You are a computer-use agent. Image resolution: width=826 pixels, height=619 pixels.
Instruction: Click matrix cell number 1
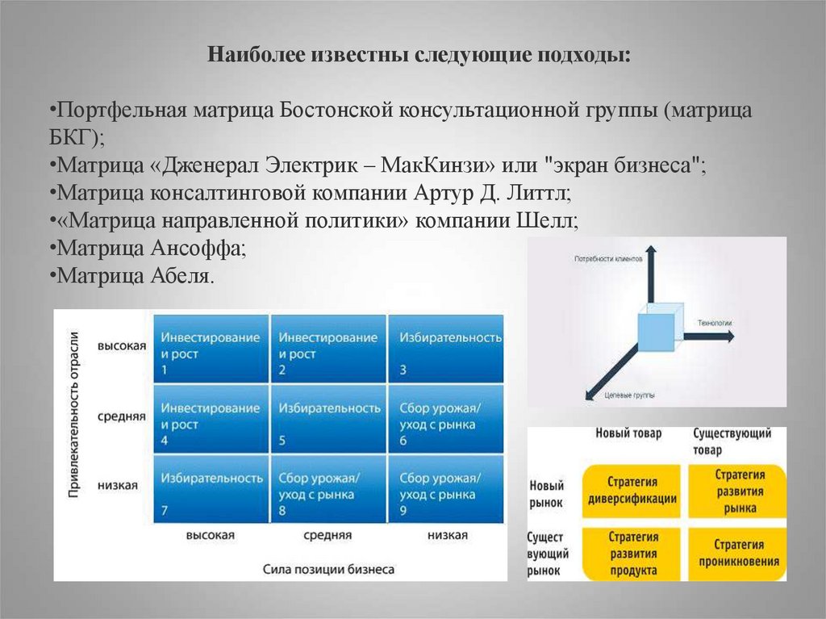(210, 349)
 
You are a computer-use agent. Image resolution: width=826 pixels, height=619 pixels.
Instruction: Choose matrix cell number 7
(210, 489)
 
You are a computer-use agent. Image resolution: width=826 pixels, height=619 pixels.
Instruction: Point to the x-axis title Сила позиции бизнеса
(328, 568)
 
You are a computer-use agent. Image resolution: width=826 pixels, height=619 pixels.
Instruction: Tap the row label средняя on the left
(122, 416)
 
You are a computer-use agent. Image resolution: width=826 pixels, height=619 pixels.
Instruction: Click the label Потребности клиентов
(607, 260)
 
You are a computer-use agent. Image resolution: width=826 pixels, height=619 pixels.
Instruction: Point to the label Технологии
(710, 323)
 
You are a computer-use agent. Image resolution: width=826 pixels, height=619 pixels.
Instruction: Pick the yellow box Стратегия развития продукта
(631, 553)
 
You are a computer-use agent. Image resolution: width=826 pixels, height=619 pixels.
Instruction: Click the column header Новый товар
(628, 434)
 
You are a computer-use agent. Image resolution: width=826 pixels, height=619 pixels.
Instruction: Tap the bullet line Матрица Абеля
(133, 275)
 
